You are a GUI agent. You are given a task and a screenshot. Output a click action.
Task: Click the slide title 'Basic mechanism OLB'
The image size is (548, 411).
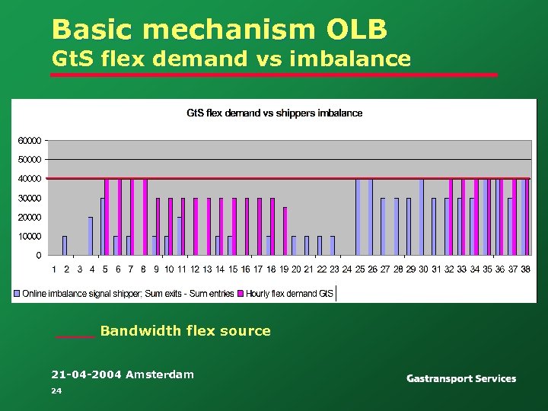[219, 30]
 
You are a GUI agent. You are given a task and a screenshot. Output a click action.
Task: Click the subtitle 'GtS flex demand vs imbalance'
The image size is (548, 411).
[231, 59]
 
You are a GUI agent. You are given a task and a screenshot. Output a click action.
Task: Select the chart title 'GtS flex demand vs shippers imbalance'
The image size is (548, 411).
[275, 113]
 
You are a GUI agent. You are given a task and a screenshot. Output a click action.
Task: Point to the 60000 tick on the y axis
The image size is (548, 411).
[30, 141]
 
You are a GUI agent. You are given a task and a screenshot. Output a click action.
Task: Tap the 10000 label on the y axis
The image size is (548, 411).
[30, 237]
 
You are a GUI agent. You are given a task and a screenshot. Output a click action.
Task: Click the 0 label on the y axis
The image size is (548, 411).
[39, 256]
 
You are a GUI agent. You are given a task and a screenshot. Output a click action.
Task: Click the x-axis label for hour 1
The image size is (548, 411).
[54, 269]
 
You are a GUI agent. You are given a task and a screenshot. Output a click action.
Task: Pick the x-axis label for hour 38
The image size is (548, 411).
[525, 269]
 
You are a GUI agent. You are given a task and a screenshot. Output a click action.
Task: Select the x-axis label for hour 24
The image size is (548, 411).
[346, 269]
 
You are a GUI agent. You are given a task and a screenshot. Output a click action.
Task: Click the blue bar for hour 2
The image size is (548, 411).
[65, 246]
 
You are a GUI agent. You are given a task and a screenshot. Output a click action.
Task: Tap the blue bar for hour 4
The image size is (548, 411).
[91, 236]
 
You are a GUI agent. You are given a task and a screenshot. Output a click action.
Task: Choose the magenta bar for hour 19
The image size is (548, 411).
[285, 231]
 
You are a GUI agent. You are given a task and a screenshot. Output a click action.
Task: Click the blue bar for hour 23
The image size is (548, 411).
[333, 246]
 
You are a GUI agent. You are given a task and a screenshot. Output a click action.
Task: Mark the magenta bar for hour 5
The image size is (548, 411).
[107, 217]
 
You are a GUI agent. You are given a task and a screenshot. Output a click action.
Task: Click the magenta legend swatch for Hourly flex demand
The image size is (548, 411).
[241, 293]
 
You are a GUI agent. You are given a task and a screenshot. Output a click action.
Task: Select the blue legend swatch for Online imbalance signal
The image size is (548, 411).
[18, 293]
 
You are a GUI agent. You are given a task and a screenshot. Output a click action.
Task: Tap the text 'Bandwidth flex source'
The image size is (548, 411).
[185, 331]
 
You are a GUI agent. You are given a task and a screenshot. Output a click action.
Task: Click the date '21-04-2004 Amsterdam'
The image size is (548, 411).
[122, 374]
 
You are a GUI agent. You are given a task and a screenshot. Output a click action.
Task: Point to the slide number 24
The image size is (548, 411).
[56, 390]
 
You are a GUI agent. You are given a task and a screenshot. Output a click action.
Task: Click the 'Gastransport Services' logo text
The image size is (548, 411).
[460, 378]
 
